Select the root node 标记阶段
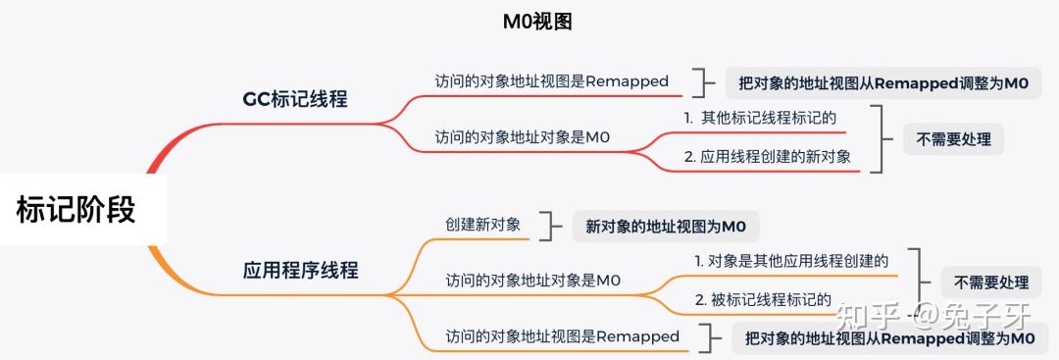[76, 209]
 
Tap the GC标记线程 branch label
[294, 99]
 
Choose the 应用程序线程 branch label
[300, 270]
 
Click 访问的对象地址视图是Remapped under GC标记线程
[551, 81]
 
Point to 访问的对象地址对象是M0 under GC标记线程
[522, 137]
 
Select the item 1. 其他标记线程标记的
[760, 118]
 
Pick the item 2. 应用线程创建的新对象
[767, 156]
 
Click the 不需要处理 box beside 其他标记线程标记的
[953, 139]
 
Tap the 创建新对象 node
[482, 225]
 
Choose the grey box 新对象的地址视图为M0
[666, 227]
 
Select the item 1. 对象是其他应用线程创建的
[791, 261]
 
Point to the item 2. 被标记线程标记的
[763, 299]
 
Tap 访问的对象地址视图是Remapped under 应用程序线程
[562, 336]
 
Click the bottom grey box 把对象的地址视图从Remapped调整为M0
[889, 338]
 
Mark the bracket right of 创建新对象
[549, 226]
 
